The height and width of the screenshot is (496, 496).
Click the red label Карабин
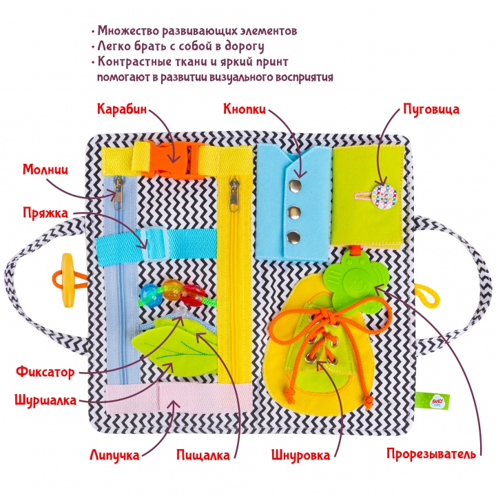click(x=122, y=109)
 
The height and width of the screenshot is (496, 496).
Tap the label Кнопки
click(x=245, y=109)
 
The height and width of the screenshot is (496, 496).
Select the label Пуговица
click(x=431, y=110)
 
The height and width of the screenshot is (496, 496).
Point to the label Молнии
click(x=45, y=170)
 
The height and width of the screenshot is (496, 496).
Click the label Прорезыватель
click(x=431, y=454)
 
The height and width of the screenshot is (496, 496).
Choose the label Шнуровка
click(x=300, y=455)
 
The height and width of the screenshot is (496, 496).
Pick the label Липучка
click(x=114, y=455)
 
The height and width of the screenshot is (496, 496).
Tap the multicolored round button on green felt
click(x=384, y=196)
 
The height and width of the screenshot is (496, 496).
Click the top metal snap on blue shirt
click(x=295, y=185)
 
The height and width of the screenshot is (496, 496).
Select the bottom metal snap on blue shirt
click(x=293, y=237)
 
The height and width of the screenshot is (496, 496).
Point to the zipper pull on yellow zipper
click(x=234, y=196)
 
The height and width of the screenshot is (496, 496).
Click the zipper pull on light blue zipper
click(x=118, y=194)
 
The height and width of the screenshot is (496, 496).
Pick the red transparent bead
click(x=192, y=295)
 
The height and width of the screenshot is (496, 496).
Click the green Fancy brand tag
click(x=432, y=401)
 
